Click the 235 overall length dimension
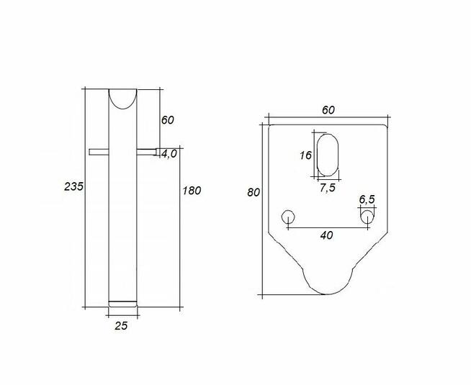point(73,186)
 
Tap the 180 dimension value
point(192,191)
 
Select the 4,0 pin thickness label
point(169,153)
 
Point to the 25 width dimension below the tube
point(121,326)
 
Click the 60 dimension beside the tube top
point(167,120)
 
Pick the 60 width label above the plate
point(328,109)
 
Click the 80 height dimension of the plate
point(253,192)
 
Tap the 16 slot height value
point(305,155)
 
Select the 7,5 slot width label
point(327,188)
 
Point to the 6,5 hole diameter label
point(367,199)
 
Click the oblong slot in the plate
point(327,154)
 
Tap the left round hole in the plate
point(288,216)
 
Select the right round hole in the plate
point(367,216)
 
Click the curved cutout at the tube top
point(122,97)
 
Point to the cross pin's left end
point(92,151)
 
